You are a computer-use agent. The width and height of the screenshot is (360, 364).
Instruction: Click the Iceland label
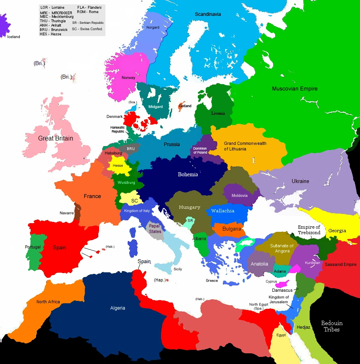coord(13,37)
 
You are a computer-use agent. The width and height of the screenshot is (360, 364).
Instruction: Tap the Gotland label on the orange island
coord(185,106)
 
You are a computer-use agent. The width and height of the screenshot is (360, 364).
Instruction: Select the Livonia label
coord(218,113)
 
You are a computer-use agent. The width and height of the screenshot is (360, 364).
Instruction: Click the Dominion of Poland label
coord(200,150)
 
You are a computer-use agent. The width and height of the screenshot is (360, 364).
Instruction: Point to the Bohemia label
coord(188,175)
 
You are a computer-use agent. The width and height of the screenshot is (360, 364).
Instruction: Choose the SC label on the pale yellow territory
coord(134,201)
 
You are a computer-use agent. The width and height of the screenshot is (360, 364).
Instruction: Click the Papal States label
coord(155,229)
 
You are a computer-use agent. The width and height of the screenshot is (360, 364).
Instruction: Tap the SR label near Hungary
coord(190,220)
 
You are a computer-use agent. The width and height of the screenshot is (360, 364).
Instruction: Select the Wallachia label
coord(223,211)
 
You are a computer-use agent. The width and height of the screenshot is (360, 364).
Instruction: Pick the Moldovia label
coord(239,195)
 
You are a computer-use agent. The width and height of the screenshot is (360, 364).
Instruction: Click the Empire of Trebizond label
coord(309,229)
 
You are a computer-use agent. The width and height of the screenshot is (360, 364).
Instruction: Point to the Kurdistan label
coord(312,263)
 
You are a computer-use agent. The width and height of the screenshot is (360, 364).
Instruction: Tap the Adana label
coord(280,271)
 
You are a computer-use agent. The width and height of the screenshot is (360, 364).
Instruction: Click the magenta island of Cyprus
coord(283,285)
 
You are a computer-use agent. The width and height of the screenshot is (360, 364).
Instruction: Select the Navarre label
coord(67,213)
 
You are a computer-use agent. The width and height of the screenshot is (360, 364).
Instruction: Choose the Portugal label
coord(33,247)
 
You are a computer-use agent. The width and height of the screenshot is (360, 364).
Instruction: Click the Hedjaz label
coord(304,327)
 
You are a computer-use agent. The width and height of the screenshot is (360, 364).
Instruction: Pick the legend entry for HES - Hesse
coord(50,34)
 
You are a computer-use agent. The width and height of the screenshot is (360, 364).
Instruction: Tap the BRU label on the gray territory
coord(131,149)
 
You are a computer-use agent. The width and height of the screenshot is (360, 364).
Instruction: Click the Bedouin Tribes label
coord(331,326)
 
